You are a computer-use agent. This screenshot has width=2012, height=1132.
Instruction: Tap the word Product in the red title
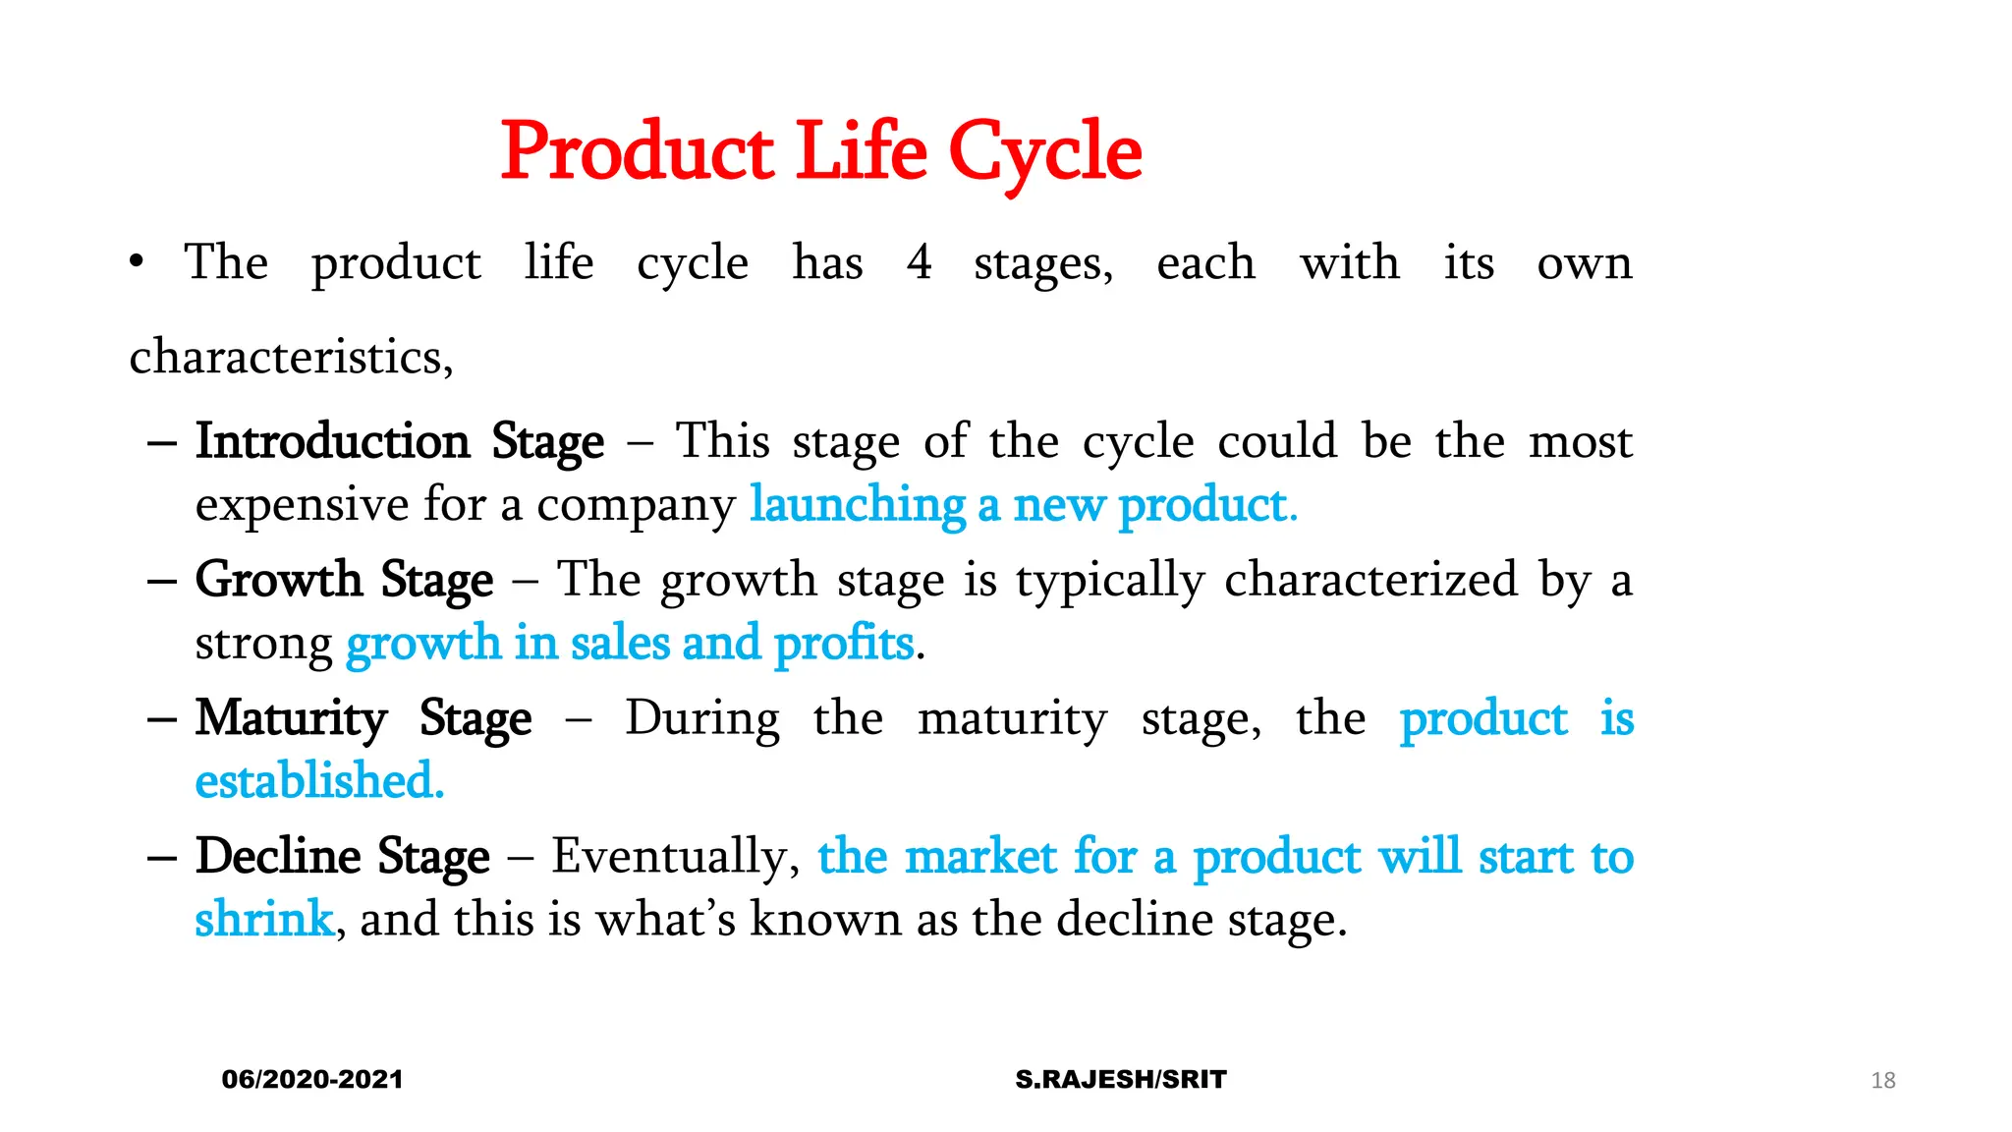click(x=638, y=152)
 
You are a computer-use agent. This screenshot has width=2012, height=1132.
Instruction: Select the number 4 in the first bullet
click(x=920, y=262)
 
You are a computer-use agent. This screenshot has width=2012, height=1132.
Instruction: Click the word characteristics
click(x=291, y=357)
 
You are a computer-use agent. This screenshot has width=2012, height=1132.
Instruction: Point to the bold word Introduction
click(x=332, y=441)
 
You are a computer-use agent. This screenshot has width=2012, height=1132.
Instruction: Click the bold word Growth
click(x=279, y=580)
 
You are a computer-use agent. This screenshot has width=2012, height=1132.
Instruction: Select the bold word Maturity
click(x=291, y=718)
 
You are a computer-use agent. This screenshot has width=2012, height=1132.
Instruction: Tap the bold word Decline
click(x=278, y=856)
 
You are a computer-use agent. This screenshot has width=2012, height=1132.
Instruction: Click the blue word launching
click(x=858, y=506)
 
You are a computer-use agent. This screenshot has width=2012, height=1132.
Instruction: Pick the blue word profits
click(x=844, y=645)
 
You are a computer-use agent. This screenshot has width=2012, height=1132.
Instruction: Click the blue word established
click(x=319, y=781)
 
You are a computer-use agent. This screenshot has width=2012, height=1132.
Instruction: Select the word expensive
click(x=302, y=506)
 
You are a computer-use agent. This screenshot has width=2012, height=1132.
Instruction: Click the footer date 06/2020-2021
click(x=312, y=1079)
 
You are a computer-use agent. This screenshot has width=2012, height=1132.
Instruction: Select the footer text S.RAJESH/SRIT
click(x=1121, y=1079)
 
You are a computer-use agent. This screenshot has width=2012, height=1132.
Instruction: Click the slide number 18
click(x=1882, y=1081)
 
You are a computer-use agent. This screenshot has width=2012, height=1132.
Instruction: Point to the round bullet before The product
click(x=137, y=262)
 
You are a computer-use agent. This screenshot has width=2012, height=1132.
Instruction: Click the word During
click(x=702, y=718)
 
